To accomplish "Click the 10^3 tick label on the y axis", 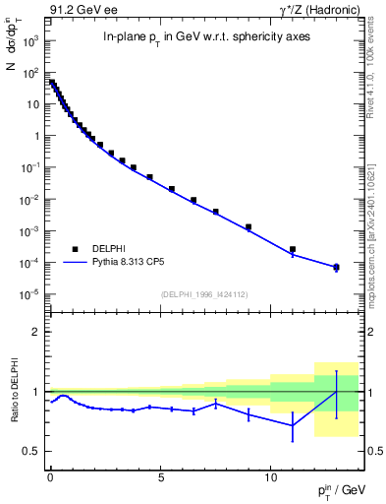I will pos(30,41).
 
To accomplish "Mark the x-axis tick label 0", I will pos(49,474).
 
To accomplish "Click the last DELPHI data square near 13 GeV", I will pos(336,267).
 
